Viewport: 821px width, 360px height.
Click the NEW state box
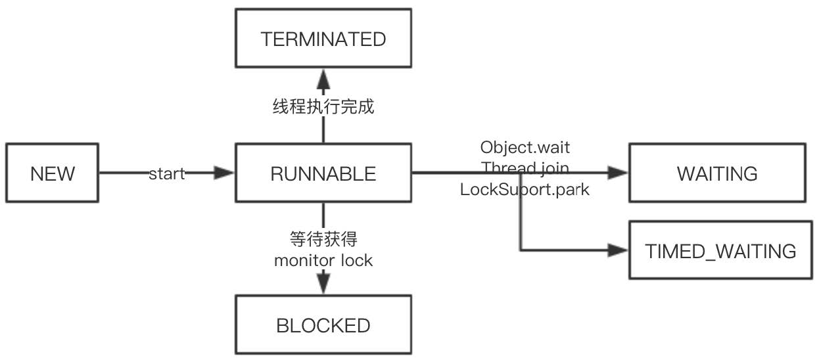[52, 173]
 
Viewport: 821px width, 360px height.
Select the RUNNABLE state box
[323, 173]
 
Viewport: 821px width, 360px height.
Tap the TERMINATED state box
[323, 39]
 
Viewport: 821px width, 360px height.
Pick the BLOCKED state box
[323, 325]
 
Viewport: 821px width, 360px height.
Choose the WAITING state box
[717, 173]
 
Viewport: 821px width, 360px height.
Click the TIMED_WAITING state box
[720, 250]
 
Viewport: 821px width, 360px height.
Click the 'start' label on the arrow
[167, 174]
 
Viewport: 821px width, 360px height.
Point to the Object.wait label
[525, 148]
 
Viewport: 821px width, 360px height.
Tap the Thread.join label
[525, 168]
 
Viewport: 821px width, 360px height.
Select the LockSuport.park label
[525, 190]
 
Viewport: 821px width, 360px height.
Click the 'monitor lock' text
[323, 261]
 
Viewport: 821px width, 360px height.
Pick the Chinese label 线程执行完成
[323, 107]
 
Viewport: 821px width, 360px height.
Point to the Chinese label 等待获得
[323, 239]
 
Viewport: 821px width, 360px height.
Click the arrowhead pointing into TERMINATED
[323, 79]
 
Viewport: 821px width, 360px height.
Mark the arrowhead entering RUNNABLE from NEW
[223, 173]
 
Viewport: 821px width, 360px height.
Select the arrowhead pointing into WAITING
[618, 173]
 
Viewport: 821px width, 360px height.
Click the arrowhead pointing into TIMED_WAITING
[618, 250]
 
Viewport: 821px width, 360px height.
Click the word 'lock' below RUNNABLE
[357, 261]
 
